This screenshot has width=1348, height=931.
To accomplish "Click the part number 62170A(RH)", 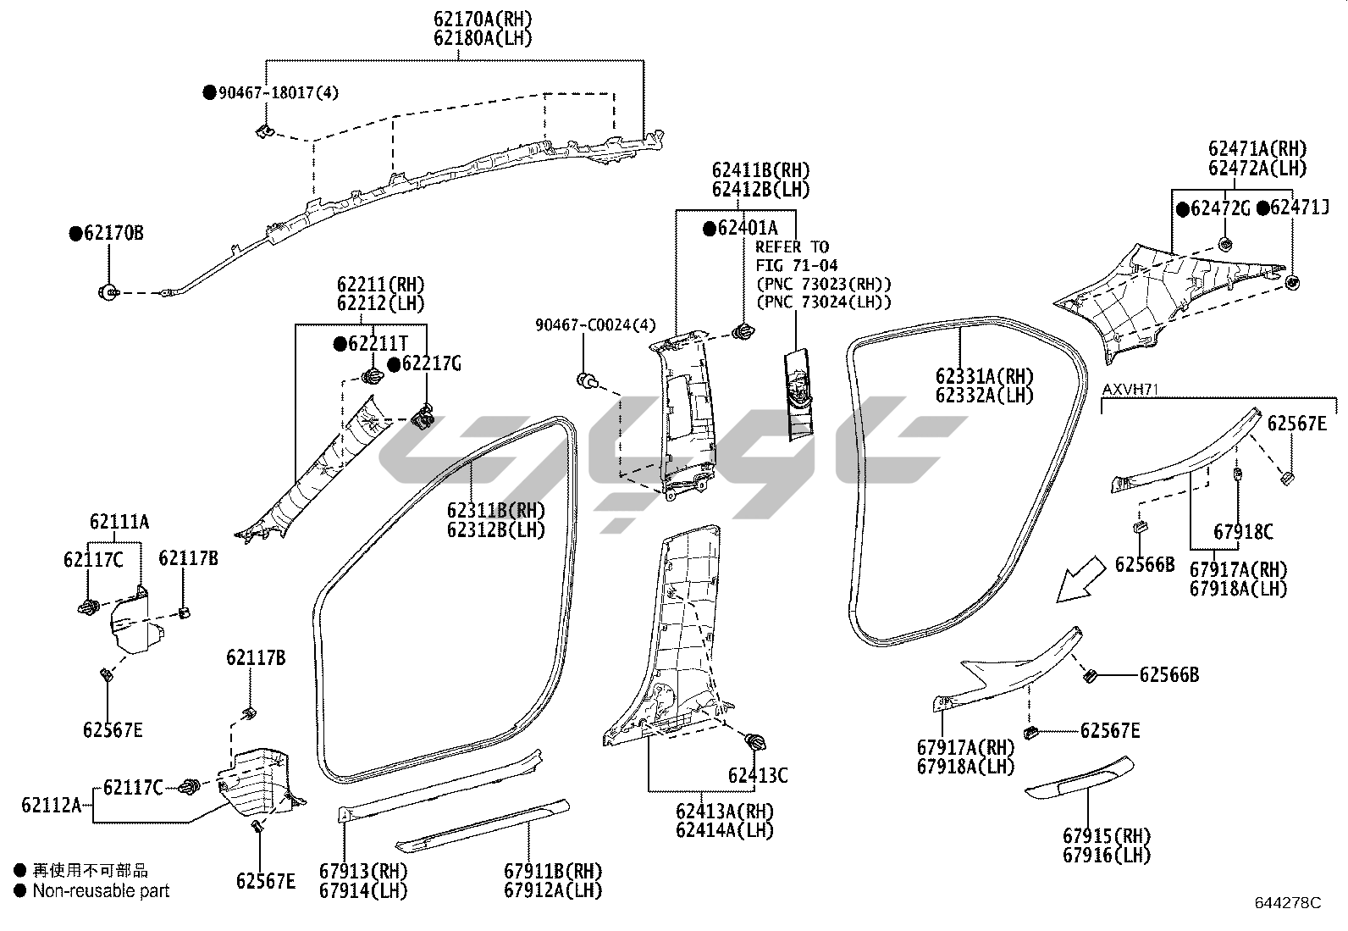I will click(483, 19).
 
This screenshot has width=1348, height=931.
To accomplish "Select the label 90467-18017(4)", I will click(279, 93).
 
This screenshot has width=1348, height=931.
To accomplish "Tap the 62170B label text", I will click(113, 233).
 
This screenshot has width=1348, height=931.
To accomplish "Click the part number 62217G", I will click(432, 364).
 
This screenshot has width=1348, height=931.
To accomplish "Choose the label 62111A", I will click(119, 523).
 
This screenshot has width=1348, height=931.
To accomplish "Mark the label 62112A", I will click(52, 805).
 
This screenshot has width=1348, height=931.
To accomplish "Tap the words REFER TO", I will click(792, 247).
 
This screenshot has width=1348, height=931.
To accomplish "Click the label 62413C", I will click(758, 775).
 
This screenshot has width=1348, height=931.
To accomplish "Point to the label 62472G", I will click(1220, 208).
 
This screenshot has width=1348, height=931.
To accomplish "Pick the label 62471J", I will click(1299, 208).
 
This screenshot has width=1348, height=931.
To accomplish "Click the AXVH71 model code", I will click(1130, 389).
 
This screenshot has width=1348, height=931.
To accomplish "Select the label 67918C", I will click(1243, 532).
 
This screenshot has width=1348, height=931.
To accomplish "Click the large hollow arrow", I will click(1081, 579).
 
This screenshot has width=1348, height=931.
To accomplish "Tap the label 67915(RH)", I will click(1107, 836).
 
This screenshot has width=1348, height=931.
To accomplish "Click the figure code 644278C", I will click(1287, 903).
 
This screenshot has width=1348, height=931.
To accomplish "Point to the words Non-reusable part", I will click(101, 890).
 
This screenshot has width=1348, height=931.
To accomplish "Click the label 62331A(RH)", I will click(985, 376).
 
